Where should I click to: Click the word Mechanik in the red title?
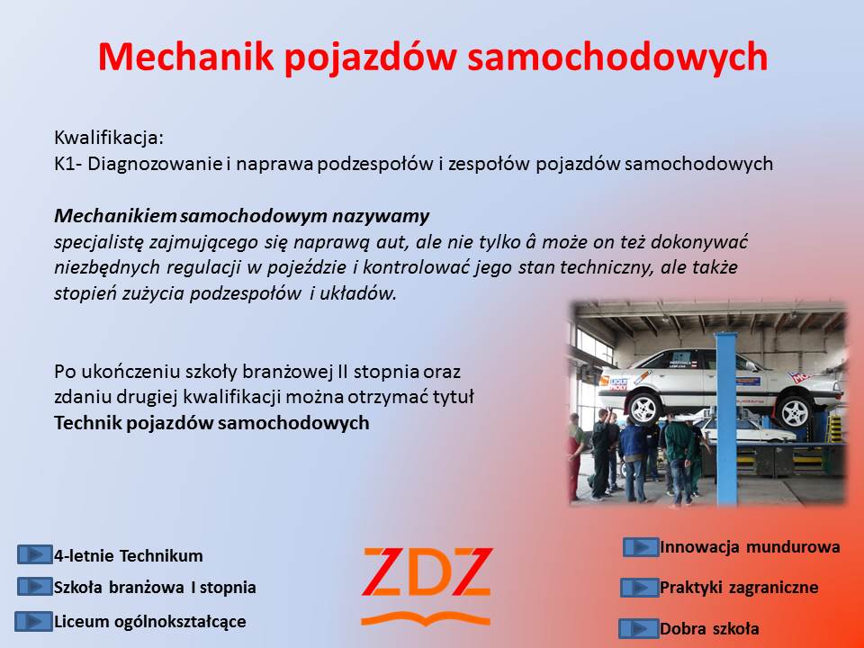point(185,56)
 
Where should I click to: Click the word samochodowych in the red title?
point(617,56)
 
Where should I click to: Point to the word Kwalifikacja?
point(109,137)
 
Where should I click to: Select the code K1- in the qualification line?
point(68,164)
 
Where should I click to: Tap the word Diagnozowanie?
point(155,164)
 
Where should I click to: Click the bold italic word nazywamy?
point(380,216)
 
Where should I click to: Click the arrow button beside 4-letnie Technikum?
point(35,554)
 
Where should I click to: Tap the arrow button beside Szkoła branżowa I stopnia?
point(35,586)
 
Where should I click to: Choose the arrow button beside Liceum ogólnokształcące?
point(33,621)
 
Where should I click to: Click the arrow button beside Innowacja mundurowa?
point(641,547)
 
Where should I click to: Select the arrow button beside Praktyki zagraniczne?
point(640,588)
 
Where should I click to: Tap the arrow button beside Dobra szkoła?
point(639,628)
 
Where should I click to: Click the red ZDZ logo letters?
point(427,572)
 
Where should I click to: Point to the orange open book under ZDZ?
point(426,619)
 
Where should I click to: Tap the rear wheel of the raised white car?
point(644,408)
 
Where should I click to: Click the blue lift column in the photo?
point(725,418)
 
